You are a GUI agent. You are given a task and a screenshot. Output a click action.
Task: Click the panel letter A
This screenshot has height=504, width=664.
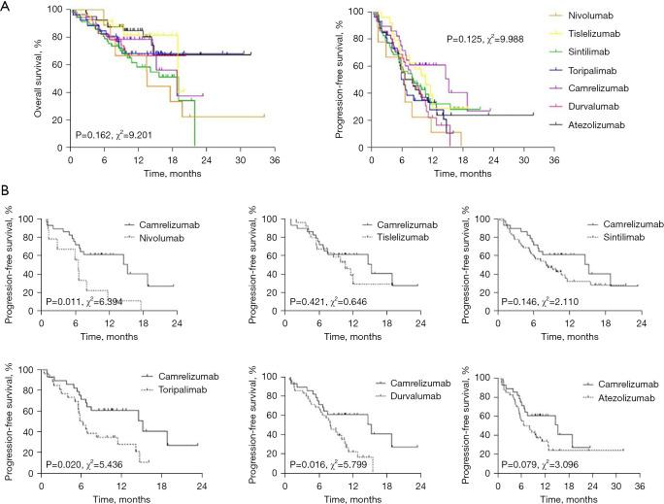pyautogui.click(x=7, y=7)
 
